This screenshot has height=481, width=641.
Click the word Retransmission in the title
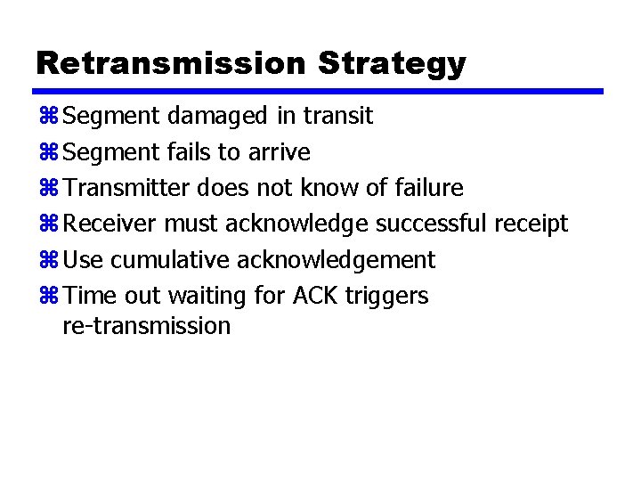tap(170, 63)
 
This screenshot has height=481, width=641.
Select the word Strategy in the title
tap(391, 63)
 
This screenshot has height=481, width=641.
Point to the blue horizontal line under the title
tap(318, 91)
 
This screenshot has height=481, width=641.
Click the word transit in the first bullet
tap(337, 116)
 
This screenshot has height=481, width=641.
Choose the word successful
tap(430, 224)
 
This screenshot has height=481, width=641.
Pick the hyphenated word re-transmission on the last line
tap(147, 326)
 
